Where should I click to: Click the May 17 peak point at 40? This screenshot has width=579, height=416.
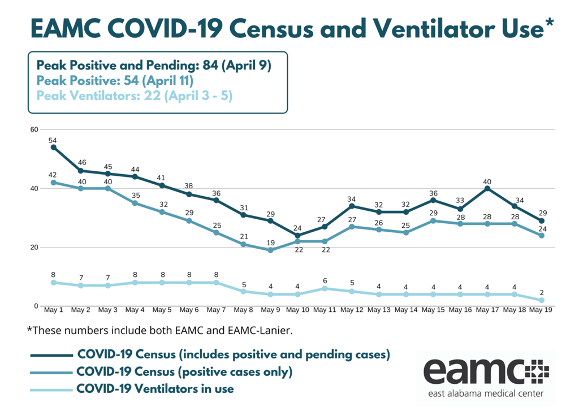pyautogui.click(x=487, y=188)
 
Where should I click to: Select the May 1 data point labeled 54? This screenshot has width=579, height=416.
pyautogui.click(x=53, y=147)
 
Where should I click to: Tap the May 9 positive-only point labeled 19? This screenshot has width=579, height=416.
pyautogui.click(x=270, y=250)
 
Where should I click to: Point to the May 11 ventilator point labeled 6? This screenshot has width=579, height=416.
pyautogui.click(x=325, y=288)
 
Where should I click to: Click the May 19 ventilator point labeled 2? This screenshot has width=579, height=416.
pyautogui.click(x=542, y=300)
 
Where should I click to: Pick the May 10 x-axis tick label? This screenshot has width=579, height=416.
pyautogui.click(x=297, y=310)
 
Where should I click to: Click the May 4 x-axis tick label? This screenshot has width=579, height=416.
pyautogui.click(x=135, y=310)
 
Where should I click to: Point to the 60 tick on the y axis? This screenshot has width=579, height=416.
pyautogui.click(x=34, y=129)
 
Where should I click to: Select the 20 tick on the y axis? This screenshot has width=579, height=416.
pyautogui.click(x=34, y=247)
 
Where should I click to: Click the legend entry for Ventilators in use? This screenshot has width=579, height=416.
pyautogui.click(x=154, y=389)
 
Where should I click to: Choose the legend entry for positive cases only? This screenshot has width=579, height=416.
pyautogui.click(x=184, y=372)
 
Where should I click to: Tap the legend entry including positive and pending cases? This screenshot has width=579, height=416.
pyautogui.click(x=233, y=354)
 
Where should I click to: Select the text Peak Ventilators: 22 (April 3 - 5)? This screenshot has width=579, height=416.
pyautogui.click(x=135, y=96)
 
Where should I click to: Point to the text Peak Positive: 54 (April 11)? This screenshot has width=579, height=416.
pyautogui.click(x=115, y=80)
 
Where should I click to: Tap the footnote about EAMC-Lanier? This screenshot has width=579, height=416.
pyautogui.click(x=159, y=330)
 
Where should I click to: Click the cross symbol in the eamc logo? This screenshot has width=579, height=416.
pyautogui.click(x=537, y=370)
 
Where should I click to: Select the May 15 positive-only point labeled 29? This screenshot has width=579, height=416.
pyautogui.click(x=433, y=220)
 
